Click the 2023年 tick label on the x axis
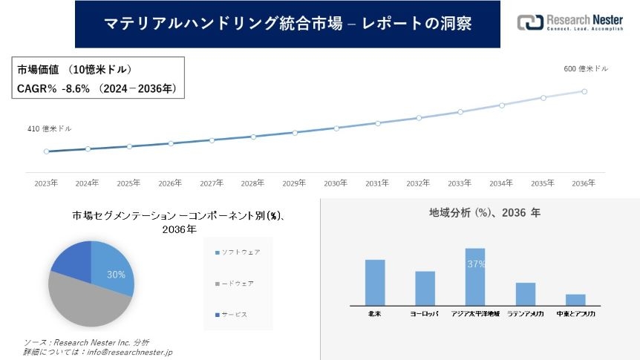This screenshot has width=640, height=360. [x=46, y=183]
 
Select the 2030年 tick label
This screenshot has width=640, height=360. [x=336, y=183]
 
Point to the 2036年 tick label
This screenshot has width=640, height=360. [x=584, y=183]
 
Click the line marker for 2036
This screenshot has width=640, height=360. [x=584, y=91]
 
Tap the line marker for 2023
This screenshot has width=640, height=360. [x=46, y=151]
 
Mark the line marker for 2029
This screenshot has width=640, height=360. [x=295, y=133]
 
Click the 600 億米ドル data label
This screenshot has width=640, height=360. [x=586, y=68]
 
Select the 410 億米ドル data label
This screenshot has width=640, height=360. [x=50, y=129]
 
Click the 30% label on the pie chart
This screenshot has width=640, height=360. [x=116, y=275]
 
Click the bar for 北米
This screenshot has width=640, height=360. [x=375, y=282]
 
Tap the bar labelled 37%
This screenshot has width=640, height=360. [x=475, y=277]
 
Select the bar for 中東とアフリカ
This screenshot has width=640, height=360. [x=575, y=300]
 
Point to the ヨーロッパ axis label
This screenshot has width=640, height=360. [x=425, y=314]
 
